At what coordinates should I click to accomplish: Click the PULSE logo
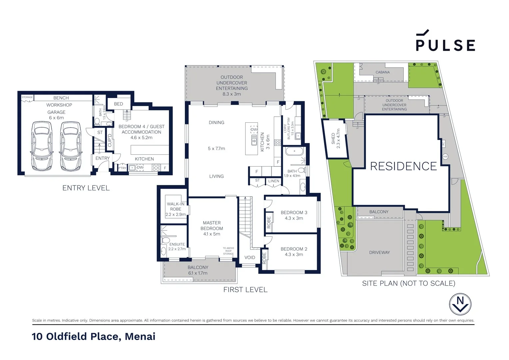445,41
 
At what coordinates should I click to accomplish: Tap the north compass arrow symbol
460,304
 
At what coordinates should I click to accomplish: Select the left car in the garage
42,146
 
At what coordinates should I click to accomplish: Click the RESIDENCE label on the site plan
403,166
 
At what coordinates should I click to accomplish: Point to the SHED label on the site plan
335,138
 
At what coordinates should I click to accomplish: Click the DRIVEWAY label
379,252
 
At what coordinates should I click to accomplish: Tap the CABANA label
382,72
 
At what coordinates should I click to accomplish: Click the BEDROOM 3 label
294,212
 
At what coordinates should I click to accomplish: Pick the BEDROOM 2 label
294,249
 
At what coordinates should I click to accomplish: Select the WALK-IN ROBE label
176,206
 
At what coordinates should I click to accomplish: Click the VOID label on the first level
250,257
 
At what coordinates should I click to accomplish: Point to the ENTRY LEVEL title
86,188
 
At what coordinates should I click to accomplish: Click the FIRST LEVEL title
245,290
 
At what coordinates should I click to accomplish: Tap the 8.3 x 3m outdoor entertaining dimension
232,94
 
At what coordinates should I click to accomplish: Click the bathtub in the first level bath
294,151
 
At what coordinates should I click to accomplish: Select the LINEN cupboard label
273,181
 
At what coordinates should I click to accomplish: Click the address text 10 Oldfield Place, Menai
94,336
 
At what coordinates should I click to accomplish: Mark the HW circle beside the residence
445,156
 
